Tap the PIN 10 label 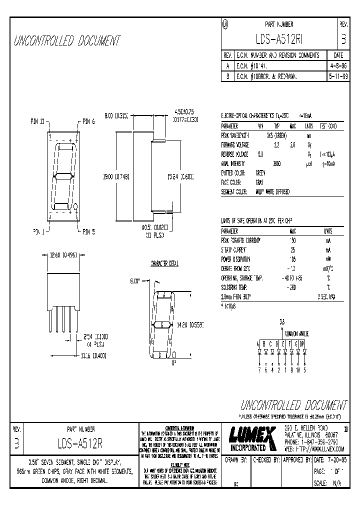tap(38, 121)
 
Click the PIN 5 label tap(88, 231)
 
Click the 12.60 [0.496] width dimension tap(63, 254)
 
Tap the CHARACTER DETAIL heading tap(164, 263)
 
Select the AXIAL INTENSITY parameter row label tap(234, 163)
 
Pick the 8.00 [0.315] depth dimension tap(116, 115)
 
